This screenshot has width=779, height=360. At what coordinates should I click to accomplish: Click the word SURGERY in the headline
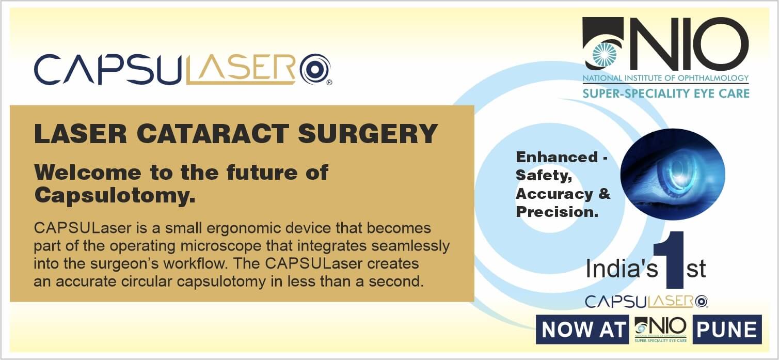[368, 134]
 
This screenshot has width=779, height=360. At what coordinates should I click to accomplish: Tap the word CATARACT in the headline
[213, 134]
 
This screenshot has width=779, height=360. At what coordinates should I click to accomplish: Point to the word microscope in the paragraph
[220, 246]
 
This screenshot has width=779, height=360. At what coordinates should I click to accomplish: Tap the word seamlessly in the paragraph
[410, 246]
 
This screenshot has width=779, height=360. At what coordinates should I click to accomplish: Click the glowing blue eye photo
[673, 174]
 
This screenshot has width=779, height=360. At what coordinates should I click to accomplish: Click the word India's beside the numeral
[622, 269]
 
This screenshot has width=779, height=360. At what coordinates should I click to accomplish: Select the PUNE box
[727, 330]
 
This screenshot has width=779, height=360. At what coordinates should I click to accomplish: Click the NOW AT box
[582, 330]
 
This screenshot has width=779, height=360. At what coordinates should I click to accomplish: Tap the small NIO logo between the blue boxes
[660, 330]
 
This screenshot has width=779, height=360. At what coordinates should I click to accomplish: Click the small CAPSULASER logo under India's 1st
[646, 302]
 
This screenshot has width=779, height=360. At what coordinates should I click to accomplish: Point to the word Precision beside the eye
[557, 212]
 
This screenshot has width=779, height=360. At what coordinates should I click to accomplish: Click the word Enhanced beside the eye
[557, 157]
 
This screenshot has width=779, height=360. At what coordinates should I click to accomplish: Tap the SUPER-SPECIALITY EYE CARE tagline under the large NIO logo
[666, 93]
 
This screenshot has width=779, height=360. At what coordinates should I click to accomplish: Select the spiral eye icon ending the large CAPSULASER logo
[315, 69]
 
